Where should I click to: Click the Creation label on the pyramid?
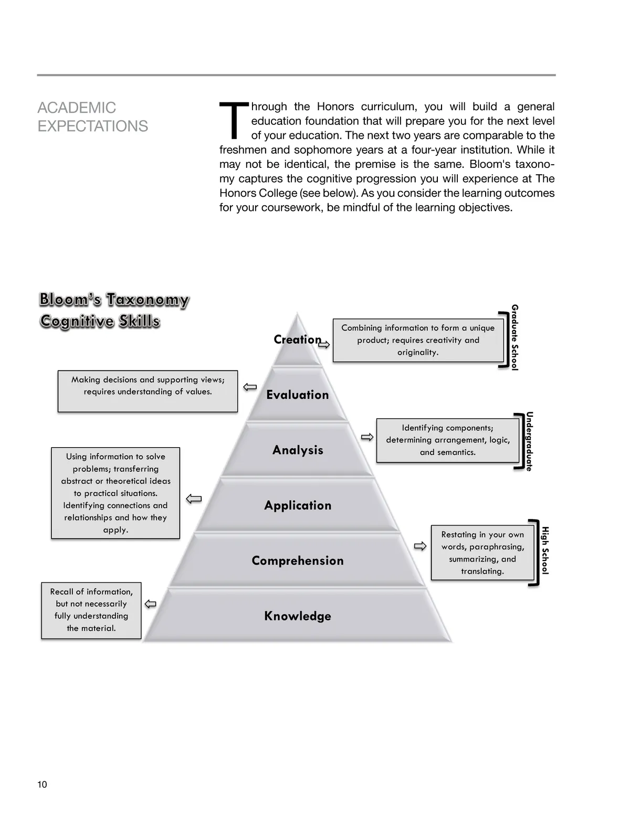(x=297, y=340)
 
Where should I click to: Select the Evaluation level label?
(x=297, y=395)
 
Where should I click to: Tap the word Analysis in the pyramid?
(x=298, y=450)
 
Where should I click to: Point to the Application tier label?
(x=298, y=505)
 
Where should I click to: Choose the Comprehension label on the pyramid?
(x=298, y=560)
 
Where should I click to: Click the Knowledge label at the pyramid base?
(x=298, y=616)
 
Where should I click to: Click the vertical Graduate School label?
(x=514, y=337)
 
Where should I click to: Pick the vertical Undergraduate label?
(x=529, y=441)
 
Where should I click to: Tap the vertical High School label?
(x=545, y=551)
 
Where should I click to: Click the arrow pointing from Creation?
(x=324, y=344)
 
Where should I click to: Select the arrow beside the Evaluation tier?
(x=250, y=387)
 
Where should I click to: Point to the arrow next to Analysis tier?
(x=367, y=437)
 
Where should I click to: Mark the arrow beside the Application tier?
(x=194, y=499)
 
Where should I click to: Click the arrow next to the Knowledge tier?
(x=151, y=604)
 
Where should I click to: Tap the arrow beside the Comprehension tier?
(x=420, y=546)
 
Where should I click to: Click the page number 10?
(x=42, y=785)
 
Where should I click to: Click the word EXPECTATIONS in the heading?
(x=93, y=126)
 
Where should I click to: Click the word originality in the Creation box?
(x=418, y=352)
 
